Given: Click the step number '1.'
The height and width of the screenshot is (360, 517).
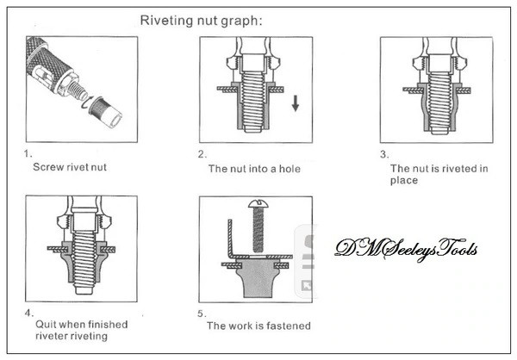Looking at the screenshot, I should click(29, 154).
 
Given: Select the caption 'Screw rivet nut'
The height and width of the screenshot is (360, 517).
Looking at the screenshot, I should click(70, 167).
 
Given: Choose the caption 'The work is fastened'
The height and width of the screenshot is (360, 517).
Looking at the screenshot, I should click(258, 326).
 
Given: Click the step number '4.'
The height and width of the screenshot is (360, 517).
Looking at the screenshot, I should click(30, 312).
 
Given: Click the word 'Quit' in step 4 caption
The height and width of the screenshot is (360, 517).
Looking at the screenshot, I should click(44, 324).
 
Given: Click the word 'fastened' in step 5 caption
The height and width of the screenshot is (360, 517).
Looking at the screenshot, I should click(288, 326).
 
